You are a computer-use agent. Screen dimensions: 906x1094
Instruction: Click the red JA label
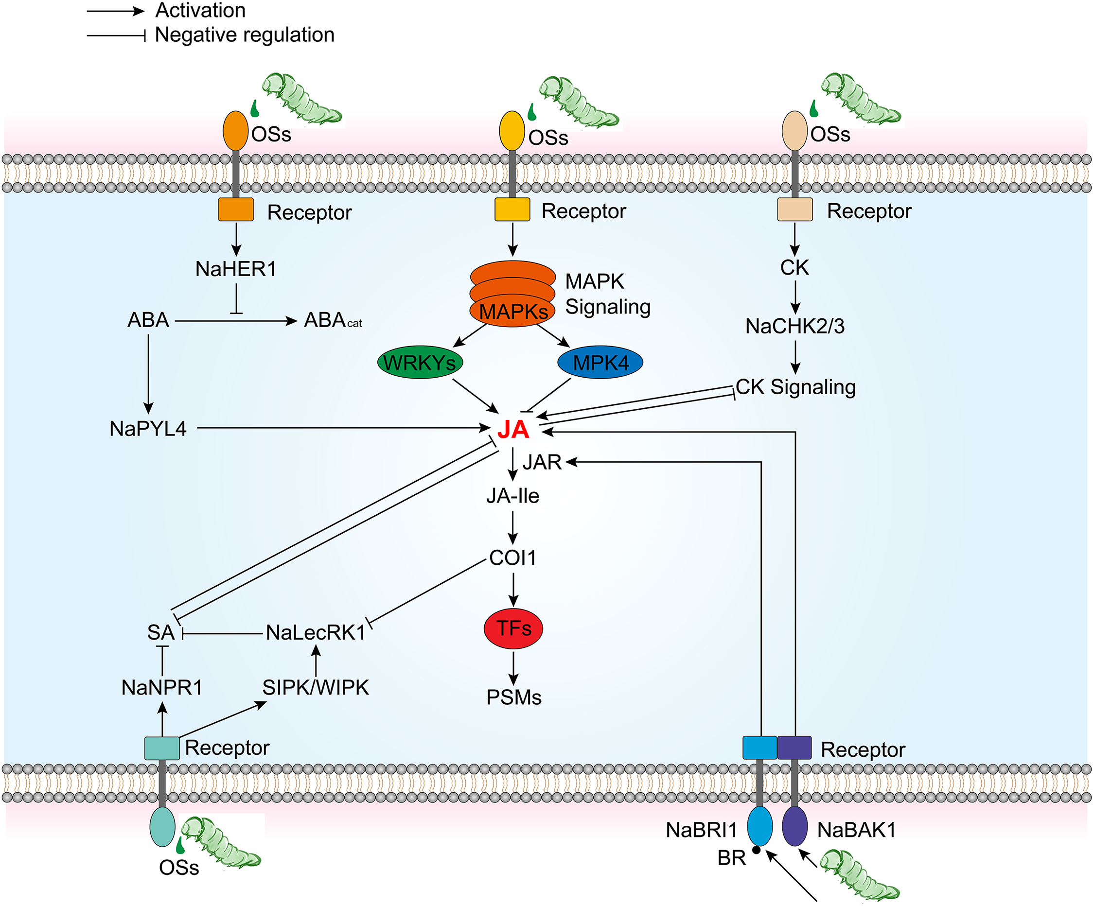513,430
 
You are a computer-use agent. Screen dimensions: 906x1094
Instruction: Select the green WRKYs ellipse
420,363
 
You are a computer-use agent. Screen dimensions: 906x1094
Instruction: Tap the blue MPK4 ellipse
600,363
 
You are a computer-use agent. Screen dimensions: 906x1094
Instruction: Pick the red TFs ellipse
513,628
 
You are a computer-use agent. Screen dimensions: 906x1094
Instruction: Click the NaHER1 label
235,269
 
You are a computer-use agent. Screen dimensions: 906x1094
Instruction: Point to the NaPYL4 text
148,429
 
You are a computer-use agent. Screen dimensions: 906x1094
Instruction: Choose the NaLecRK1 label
316,633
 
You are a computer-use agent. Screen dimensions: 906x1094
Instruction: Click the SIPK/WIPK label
316,687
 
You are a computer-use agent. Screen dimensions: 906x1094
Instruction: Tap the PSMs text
513,697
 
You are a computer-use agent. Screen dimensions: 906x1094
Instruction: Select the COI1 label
512,558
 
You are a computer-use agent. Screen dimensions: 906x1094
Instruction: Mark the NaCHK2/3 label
795,326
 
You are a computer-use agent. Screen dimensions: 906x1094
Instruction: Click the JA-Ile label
512,496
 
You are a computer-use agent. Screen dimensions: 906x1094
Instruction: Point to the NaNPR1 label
161,687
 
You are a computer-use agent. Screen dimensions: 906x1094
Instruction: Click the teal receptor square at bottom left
162,748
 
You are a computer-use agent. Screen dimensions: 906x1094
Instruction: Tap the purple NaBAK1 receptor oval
794,826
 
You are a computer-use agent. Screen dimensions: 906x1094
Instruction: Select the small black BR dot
757,850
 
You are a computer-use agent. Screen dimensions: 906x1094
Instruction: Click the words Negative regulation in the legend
245,35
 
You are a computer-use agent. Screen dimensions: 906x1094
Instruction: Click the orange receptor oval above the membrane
235,131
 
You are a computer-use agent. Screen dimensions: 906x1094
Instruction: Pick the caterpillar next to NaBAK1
860,875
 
